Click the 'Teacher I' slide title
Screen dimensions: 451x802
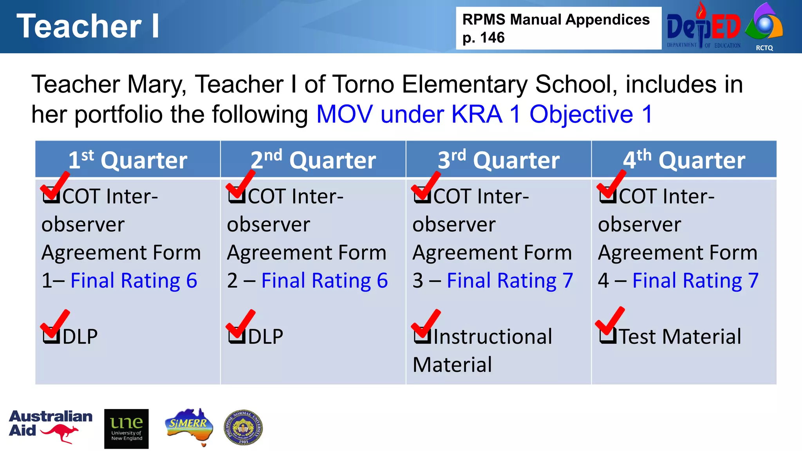(88, 26)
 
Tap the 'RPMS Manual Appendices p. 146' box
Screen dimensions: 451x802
(558, 28)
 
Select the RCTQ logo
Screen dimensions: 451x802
(764, 27)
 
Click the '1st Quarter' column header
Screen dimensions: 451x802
(128, 160)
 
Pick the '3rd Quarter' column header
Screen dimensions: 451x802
(499, 160)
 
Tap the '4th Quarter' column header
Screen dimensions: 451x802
(684, 160)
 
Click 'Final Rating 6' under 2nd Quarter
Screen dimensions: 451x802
(324, 281)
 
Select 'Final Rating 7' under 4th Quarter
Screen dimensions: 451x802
(695, 281)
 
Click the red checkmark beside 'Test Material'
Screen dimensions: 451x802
(610, 323)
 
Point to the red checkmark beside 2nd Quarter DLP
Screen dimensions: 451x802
(240, 324)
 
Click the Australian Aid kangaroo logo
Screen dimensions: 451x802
(51, 427)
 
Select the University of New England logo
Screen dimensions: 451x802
(126, 429)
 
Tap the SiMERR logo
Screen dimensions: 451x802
(189, 426)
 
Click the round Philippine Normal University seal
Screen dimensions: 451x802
(243, 428)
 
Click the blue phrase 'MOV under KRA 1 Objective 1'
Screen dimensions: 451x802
(484, 115)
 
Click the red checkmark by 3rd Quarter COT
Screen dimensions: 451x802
(426, 186)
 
